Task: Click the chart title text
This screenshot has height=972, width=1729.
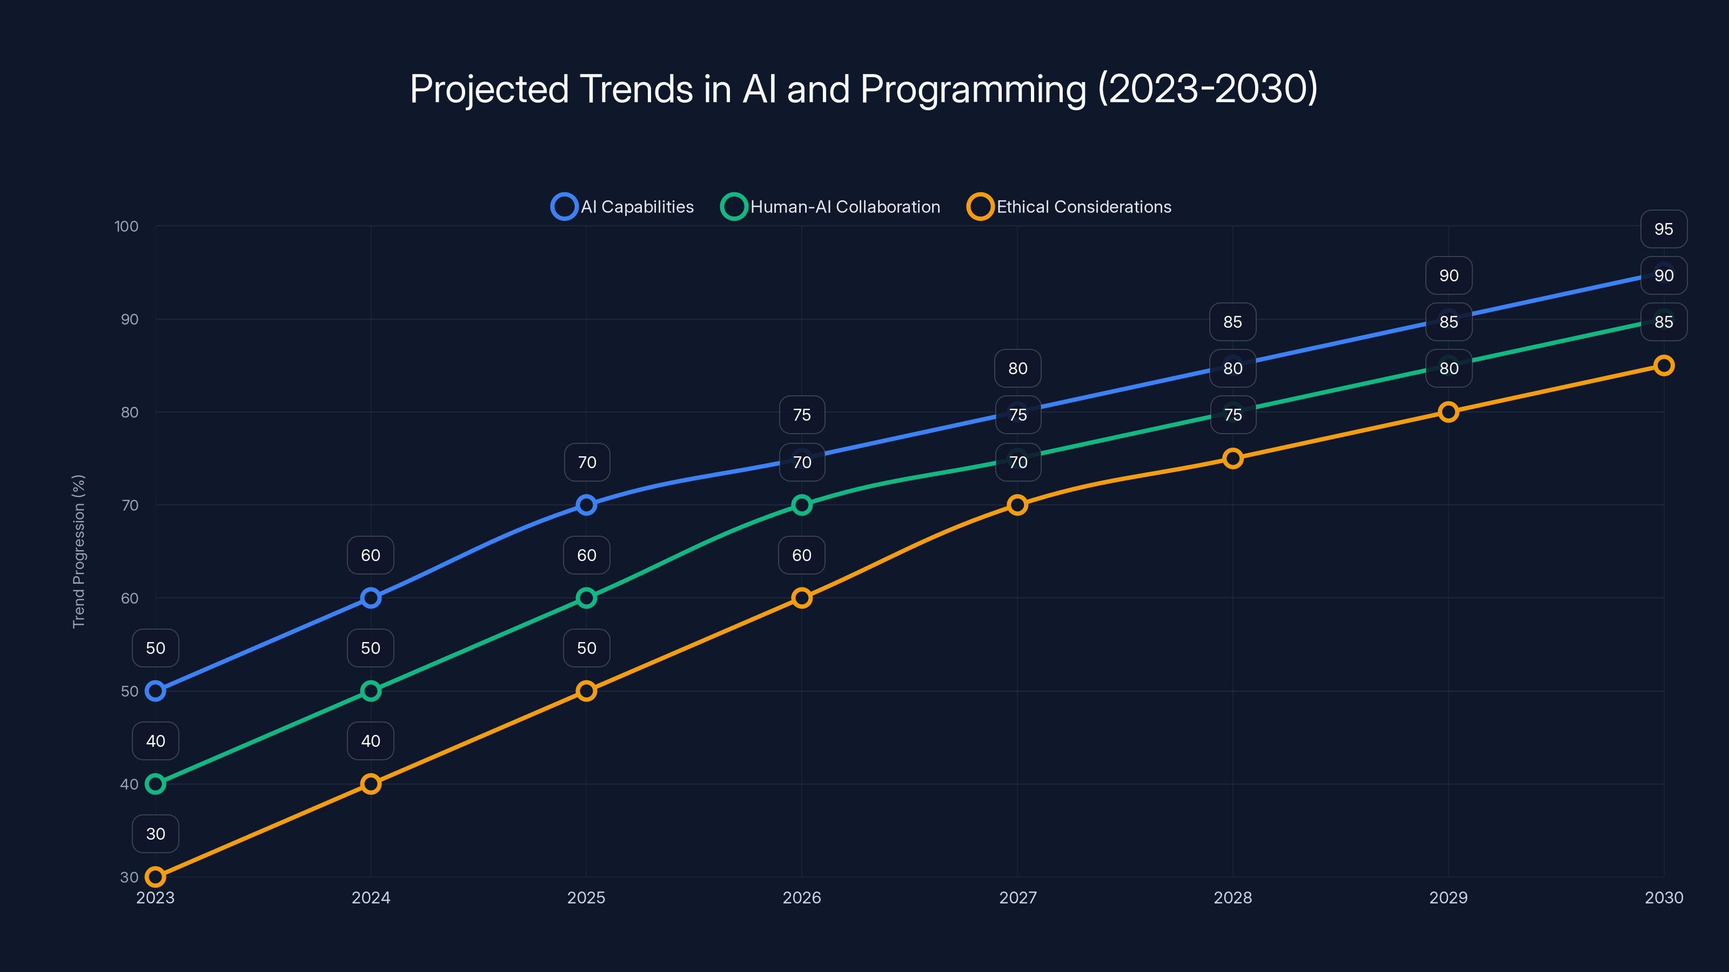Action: coord(864,89)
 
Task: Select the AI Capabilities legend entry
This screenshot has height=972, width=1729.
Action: coord(622,207)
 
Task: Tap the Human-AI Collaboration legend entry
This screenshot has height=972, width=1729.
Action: coord(830,207)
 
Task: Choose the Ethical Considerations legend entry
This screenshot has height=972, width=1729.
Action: coord(1069,207)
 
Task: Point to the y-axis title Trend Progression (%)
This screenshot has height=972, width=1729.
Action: coord(78,551)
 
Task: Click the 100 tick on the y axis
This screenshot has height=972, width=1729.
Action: coord(126,226)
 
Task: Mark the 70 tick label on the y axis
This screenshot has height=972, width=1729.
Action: coord(130,505)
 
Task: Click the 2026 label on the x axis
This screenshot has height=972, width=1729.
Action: coord(801,897)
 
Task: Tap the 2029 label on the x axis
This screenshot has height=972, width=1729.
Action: coord(1448,897)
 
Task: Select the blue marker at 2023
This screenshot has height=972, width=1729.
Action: coord(155,691)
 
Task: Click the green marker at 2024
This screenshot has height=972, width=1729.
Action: coord(371,691)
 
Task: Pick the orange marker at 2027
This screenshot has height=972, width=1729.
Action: coord(1017,504)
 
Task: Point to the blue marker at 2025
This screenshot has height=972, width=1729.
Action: coord(586,504)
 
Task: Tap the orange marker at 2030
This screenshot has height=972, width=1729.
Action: coord(1663,366)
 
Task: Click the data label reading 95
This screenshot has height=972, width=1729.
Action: coord(1663,229)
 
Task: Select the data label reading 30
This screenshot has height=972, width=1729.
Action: coord(155,834)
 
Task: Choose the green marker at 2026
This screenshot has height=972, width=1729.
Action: coord(801,504)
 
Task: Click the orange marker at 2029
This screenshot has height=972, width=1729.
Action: coord(1448,412)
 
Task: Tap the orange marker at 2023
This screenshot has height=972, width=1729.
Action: coord(155,877)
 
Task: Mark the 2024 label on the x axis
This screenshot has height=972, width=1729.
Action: coord(371,897)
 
